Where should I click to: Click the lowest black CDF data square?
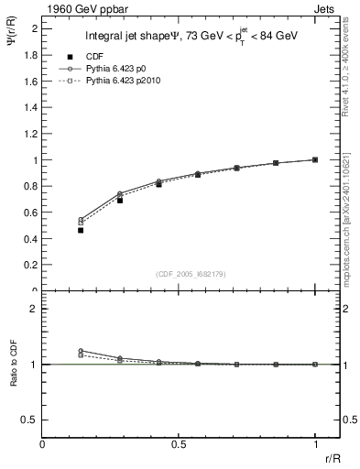81,230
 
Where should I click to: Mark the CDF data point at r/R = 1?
315,159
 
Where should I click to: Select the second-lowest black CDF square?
120,200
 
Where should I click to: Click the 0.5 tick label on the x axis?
179,443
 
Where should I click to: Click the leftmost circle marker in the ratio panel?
81,351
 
